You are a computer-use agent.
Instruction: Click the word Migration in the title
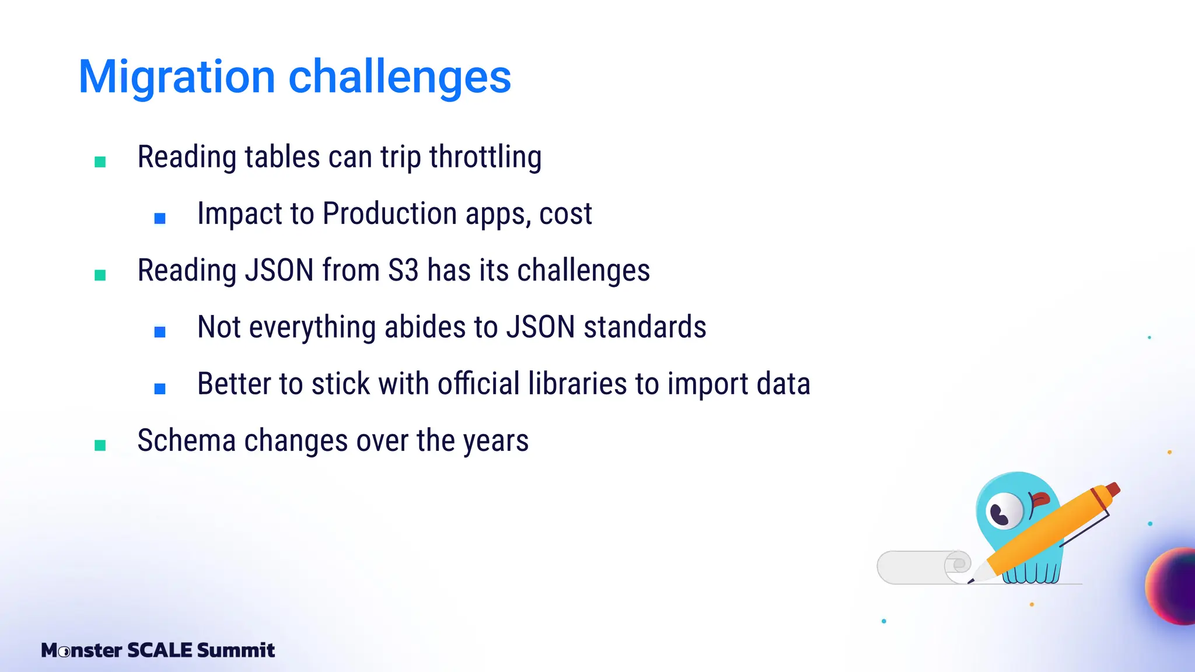point(176,77)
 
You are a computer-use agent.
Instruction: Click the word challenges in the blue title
point(400,77)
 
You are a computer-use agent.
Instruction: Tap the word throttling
point(485,157)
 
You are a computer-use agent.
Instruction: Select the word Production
point(390,214)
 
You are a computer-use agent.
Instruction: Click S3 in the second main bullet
point(403,271)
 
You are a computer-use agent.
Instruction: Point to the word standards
point(645,327)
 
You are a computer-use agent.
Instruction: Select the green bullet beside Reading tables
point(100,162)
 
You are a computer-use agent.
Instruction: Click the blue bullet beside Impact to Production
point(160,218)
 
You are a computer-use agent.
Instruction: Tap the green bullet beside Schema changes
point(100,446)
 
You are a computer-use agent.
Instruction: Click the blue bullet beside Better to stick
point(160,388)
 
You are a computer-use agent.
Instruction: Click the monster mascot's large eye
point(1004,511)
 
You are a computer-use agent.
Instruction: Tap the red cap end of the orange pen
point(1112,489)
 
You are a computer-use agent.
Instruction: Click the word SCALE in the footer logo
point(159,650)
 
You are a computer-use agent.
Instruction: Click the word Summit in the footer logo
point(236,650)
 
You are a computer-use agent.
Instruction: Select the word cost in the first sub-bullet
point(565,214)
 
